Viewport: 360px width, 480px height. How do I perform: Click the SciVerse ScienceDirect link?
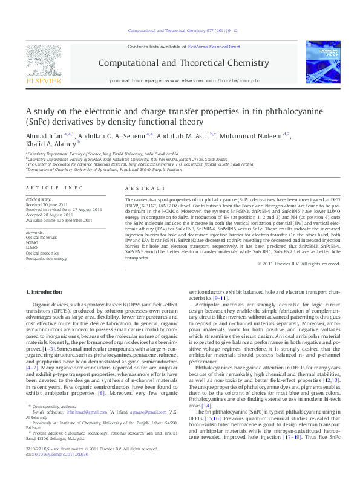(x=214, y=47)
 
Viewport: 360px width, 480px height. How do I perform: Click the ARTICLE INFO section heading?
(x=54, y=188)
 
